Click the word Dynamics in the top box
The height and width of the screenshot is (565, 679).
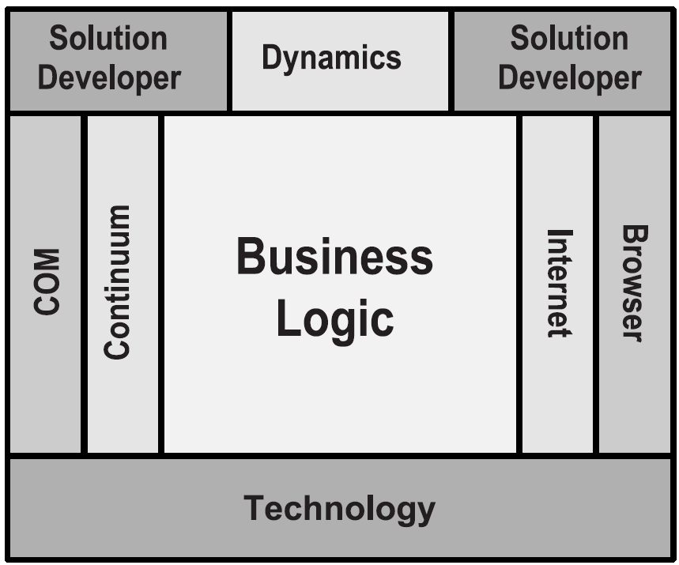pyautogui.click(x=331, y=58)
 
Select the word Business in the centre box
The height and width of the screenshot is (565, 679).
pyautogui.click(x=334, y=258)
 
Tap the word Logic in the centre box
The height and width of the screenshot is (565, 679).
pyautogui.click(x=334, y=319)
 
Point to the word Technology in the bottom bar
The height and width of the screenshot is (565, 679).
pyautogui.click(x=339, y=508)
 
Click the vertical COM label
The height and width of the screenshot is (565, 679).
pyautogui.click(x=47, y=282)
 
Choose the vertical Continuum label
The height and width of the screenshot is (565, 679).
pyautogui.click(x=118, y=282)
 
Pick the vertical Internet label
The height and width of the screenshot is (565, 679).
pyautogui.click(x=559, y=283)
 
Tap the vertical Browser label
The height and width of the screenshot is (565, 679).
pyautogui.click(x=634, y=283)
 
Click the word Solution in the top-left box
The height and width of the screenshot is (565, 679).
pyautogui.click(x=108, y=38)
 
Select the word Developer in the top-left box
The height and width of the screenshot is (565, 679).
pyautogui.click(x=110, y=77)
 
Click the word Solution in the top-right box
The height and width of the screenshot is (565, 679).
pyautogui.click(x=569, y=38)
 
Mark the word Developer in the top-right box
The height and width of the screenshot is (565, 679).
pyautogui.click(x=569, y=77)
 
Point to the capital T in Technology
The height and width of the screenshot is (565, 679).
pyautogui.click(x=253, y=507)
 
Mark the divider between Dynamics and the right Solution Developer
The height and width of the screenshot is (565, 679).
pyautogui.click(x=451, y=60)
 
